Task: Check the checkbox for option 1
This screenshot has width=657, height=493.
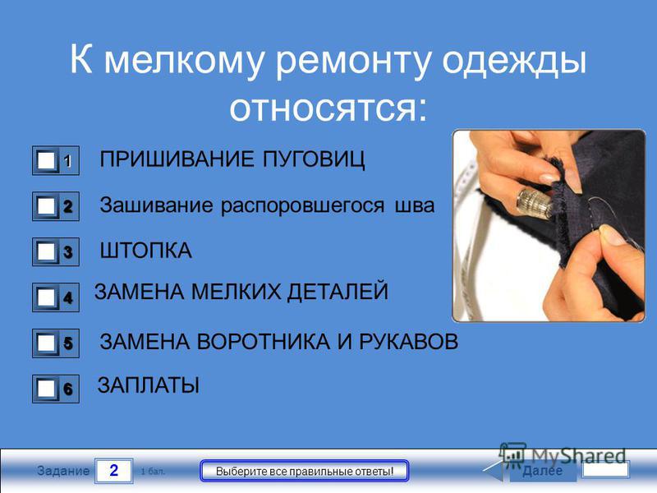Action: [46, 160]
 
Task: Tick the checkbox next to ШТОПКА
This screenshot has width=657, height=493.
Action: [46, 251]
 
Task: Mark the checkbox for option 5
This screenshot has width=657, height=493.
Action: [46, 343]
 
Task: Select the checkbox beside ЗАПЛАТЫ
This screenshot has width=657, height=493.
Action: [46, 389]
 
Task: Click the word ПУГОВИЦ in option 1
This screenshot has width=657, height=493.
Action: [314, 159]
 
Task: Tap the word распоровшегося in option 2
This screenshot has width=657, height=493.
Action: [302, 206]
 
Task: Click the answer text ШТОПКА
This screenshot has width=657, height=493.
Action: [146, 251]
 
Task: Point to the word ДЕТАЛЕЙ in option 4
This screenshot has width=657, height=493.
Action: [338, 292]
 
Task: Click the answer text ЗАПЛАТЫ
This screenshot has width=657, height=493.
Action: [149, 385]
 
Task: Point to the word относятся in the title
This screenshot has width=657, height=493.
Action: [323, 109]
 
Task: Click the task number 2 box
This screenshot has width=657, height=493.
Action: [114, 470]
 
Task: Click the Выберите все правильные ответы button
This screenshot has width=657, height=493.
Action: [305, 471]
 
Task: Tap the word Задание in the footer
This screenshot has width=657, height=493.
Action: [63, 471]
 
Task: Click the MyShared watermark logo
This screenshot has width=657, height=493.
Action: [563, 455]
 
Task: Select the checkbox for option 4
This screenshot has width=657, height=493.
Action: [46, 297]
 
